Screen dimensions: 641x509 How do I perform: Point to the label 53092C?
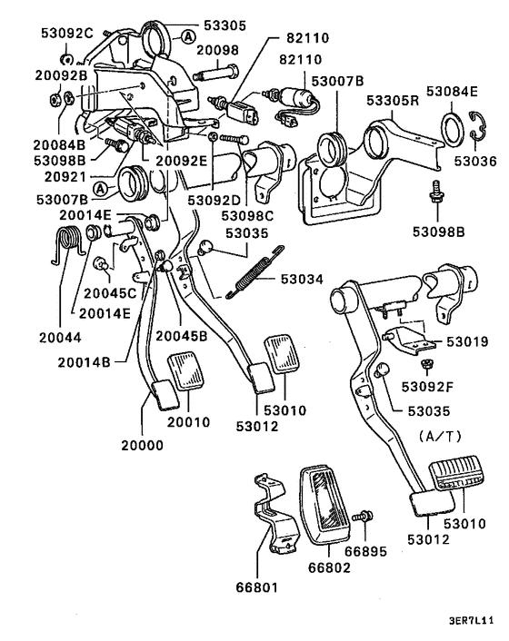point(66,34)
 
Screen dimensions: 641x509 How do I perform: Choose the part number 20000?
point(145,447)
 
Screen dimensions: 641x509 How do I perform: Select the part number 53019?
point(468,342)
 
